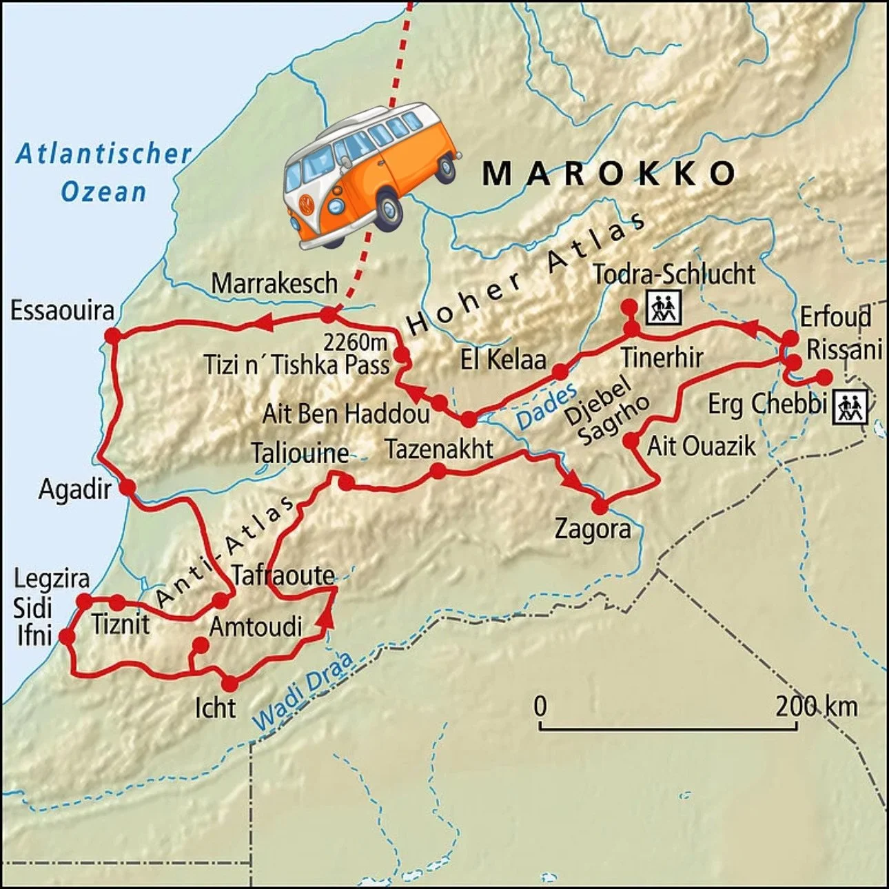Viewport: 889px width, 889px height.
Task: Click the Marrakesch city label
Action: [274, 283]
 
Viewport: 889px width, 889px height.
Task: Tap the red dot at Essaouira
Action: [113, 335]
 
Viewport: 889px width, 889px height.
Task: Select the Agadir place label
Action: [74, 489]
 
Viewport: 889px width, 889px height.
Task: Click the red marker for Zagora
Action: [600, 507]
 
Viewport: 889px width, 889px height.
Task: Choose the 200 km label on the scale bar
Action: [816, 706]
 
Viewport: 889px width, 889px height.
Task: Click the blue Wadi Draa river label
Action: [303, 691]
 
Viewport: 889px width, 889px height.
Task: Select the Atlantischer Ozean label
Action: [103, 172]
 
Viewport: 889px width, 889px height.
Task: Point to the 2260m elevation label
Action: [356, 343]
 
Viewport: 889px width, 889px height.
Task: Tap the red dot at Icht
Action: [229, 683]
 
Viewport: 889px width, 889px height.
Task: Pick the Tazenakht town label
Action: [439, 449]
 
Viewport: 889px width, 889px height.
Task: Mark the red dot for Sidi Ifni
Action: [67, 636]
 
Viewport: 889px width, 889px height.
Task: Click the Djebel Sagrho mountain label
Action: [605, 411]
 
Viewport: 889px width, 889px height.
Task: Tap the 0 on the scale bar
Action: [540, 706]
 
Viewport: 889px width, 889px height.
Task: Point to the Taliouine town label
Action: [299, 453]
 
